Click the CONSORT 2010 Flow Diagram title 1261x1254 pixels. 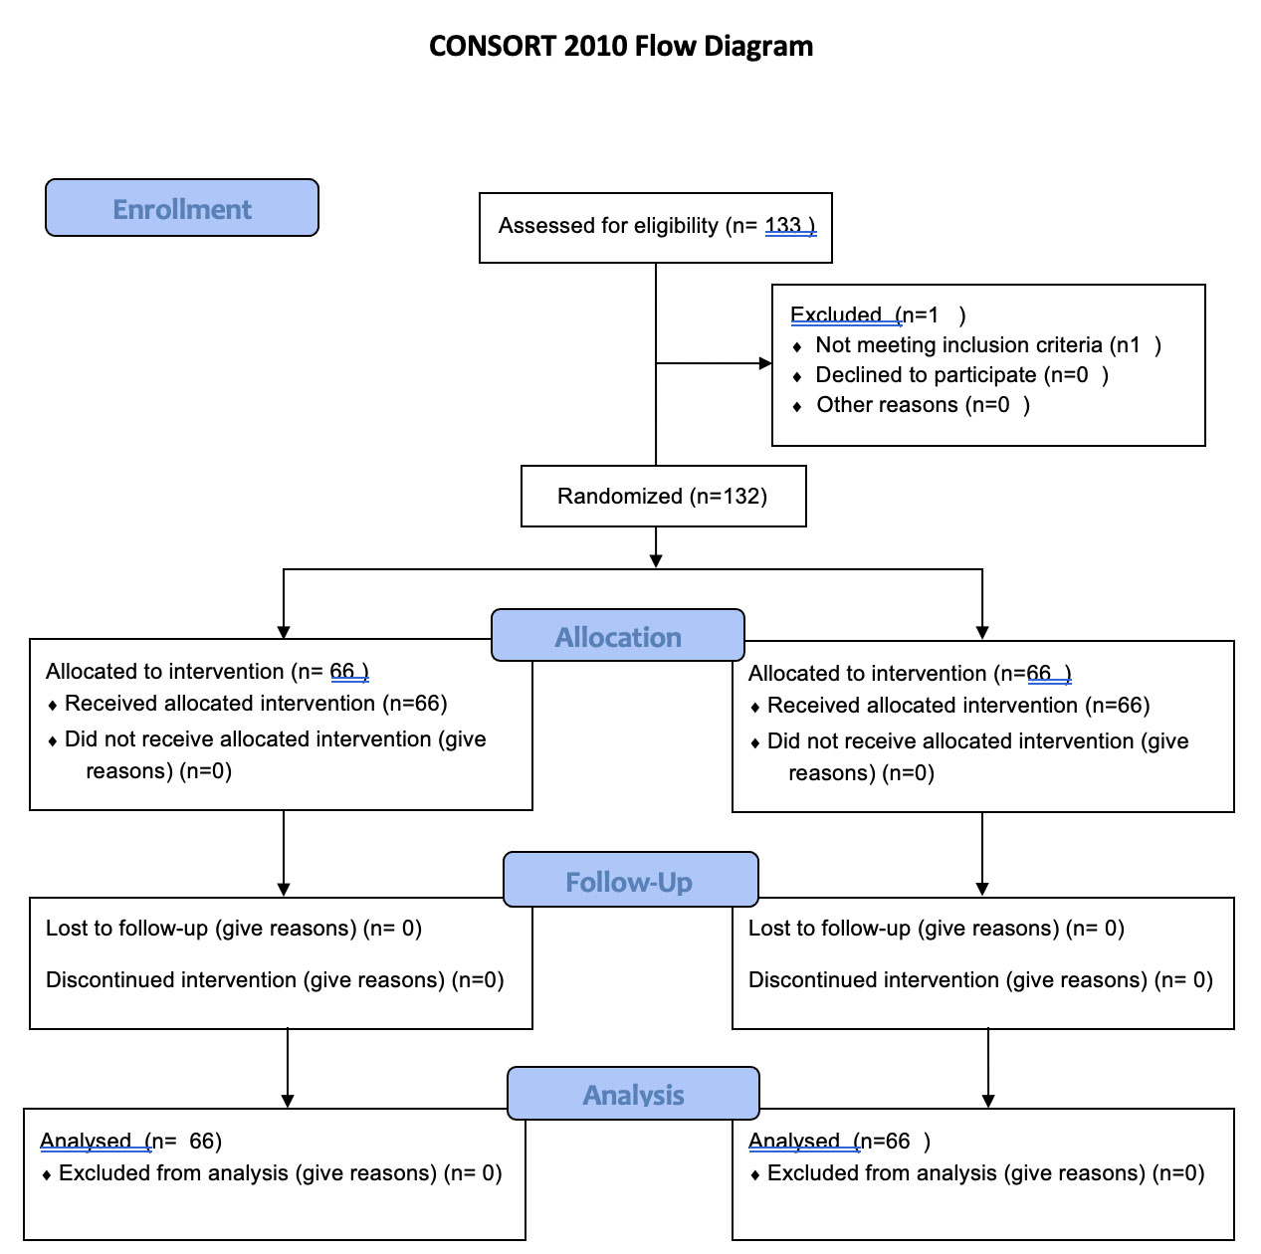pos(620,47)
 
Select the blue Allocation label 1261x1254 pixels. pos(618,636)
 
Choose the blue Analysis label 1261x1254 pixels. pos(633,1094)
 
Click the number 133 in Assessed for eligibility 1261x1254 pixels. pos(782,225)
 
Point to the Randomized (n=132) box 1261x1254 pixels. pos(664,496)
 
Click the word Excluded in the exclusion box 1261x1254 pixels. pos(836,314)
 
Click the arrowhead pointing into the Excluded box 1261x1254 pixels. pos(765,363)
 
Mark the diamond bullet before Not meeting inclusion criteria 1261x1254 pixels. pos(796,346)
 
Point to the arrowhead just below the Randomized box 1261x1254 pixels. pos(656,561)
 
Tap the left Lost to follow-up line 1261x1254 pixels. pos(234,929)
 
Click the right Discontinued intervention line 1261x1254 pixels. pos(980,980)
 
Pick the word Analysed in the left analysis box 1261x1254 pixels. pos(86,1141)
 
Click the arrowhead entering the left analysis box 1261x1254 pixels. pos(288,1102)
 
